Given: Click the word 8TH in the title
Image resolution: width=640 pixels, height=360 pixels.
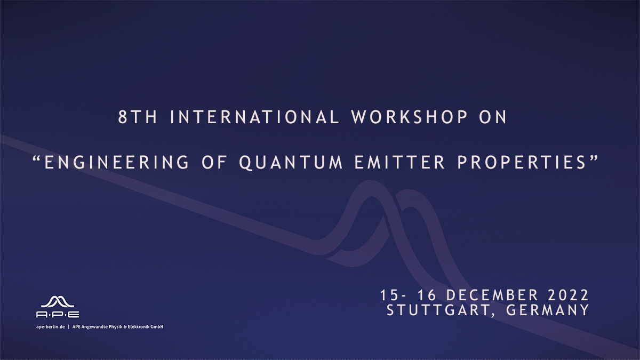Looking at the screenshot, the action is [x=138, y=117].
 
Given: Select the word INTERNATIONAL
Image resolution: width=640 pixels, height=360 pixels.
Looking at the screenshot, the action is [x=254, y=117].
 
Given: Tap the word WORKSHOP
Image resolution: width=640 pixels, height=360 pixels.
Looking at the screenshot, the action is [x=409, y=117].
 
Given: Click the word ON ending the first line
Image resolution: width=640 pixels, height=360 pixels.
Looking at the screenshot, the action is [x=493, y=117].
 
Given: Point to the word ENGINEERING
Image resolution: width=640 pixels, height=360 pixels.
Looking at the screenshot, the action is [x=117, y=162].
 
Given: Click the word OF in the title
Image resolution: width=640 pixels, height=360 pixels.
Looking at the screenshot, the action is [x=214, y=162].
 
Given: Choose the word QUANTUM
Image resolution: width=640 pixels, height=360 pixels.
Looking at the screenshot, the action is [x=291, y=163].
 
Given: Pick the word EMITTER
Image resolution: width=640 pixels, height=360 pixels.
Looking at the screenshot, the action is [x=399, y=162].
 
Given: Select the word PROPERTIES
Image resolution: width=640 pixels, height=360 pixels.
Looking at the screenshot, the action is [x=522, y=162].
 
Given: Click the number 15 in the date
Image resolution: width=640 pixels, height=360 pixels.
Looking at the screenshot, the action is [x=389, y=295].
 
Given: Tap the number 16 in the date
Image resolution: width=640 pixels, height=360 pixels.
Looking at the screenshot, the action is [x=427, y=295].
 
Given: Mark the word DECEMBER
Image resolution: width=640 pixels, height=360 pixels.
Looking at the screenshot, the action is [x=492, y=295].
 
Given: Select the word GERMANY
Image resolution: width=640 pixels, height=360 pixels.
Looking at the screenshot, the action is [x=547, y=310].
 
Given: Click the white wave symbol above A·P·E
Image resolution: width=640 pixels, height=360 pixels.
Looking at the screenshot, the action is [x=58, y=302].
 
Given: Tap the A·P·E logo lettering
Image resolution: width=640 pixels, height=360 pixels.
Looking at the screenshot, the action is [x=58, y=315].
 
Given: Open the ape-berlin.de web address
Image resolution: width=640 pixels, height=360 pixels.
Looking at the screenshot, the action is [x=51, y=327].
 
